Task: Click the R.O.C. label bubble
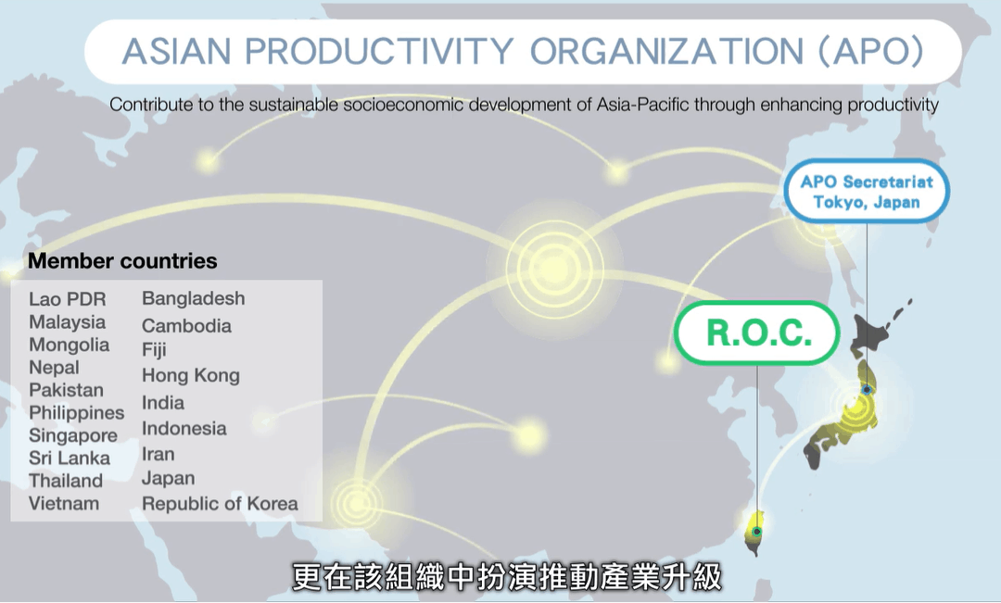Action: [757, 333]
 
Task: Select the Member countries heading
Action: [122, 261]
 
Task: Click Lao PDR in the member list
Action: [67, 298]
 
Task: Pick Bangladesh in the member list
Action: [194, 298]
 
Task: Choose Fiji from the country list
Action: [154, 350]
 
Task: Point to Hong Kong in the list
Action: [191, 376]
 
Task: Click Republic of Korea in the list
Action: [220, 504]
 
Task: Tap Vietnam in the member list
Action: [64, 504]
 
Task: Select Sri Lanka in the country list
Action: [69, 459]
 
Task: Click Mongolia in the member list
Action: [69, 345]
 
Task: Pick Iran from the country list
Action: [158, 454]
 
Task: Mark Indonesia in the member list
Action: [184, 428]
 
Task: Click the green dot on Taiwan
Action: [757, 532]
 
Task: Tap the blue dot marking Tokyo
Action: [867, 389]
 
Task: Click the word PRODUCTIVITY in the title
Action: [379, 51]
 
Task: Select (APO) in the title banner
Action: [871, 51]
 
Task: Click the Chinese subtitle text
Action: [507, 576]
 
